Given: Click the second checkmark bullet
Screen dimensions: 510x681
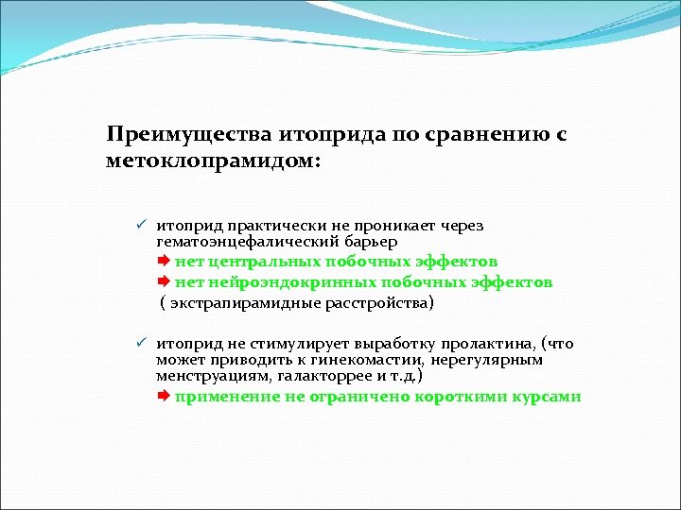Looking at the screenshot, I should click(x=139, y=344).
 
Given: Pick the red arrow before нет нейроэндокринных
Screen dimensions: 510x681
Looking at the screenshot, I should click(x=163, y=281).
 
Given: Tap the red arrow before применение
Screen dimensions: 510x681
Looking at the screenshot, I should click(x=163, y=397).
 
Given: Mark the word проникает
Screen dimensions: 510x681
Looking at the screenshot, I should click(x=393, y=226).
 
